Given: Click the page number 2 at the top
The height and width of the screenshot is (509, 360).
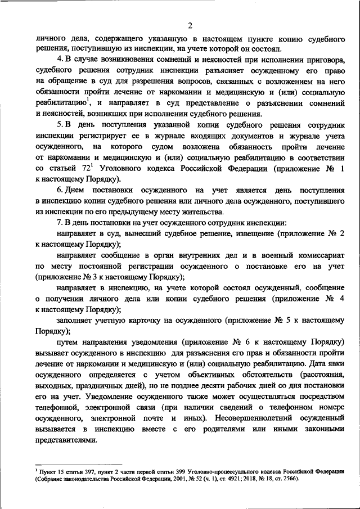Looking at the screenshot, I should coord(190,25).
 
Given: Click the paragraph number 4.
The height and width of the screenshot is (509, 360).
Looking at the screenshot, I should coord(60,59).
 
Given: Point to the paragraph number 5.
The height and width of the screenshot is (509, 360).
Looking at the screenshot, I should coord(60,122).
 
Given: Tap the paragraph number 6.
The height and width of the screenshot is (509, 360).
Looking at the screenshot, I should coord(60,191).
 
